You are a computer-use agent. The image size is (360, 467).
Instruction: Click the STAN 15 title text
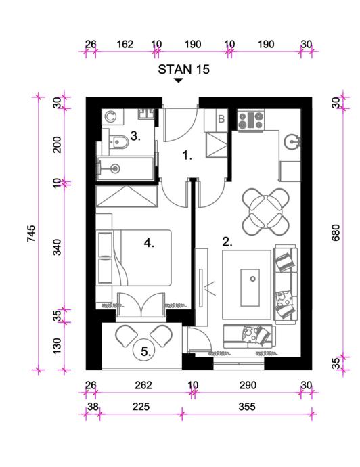(x=184, y=70)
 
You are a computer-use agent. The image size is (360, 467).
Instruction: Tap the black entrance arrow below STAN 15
(x=179, y=80)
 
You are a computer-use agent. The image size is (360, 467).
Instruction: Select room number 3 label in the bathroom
(x=135, y=137)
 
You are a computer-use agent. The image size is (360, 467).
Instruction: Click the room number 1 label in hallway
(x=187, y=155)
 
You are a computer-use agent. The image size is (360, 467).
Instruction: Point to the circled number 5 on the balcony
(x=146, y=352)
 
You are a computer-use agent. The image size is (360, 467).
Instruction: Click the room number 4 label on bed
(x=149, y=244)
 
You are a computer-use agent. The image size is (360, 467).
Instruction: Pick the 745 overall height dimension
(x=31, y=234)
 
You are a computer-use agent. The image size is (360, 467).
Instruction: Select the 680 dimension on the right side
(x=336, y=233)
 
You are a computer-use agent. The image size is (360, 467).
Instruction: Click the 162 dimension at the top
(x=125, y=45)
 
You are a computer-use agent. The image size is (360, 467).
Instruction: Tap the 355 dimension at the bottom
(x=247, y=407)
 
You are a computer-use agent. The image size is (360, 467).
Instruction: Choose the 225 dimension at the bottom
(x=141, y=407)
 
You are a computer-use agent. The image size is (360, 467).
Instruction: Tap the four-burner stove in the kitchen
(x=251, y=120)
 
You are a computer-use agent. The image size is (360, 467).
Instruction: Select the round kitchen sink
(x=293, y=141)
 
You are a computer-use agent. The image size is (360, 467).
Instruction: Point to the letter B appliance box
(x=221, y=119)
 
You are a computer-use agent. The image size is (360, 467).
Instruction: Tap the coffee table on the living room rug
(x=250, y=288)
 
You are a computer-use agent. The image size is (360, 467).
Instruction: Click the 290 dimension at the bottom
(x=248, y=385)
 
